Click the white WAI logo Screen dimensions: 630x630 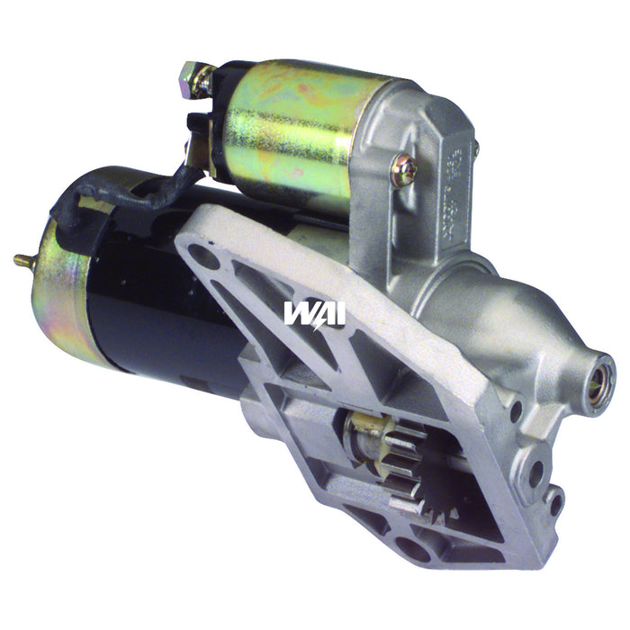click(314, 313)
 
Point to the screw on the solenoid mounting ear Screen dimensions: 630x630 click(404, 171)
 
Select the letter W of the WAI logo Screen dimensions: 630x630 click(299, 313)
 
